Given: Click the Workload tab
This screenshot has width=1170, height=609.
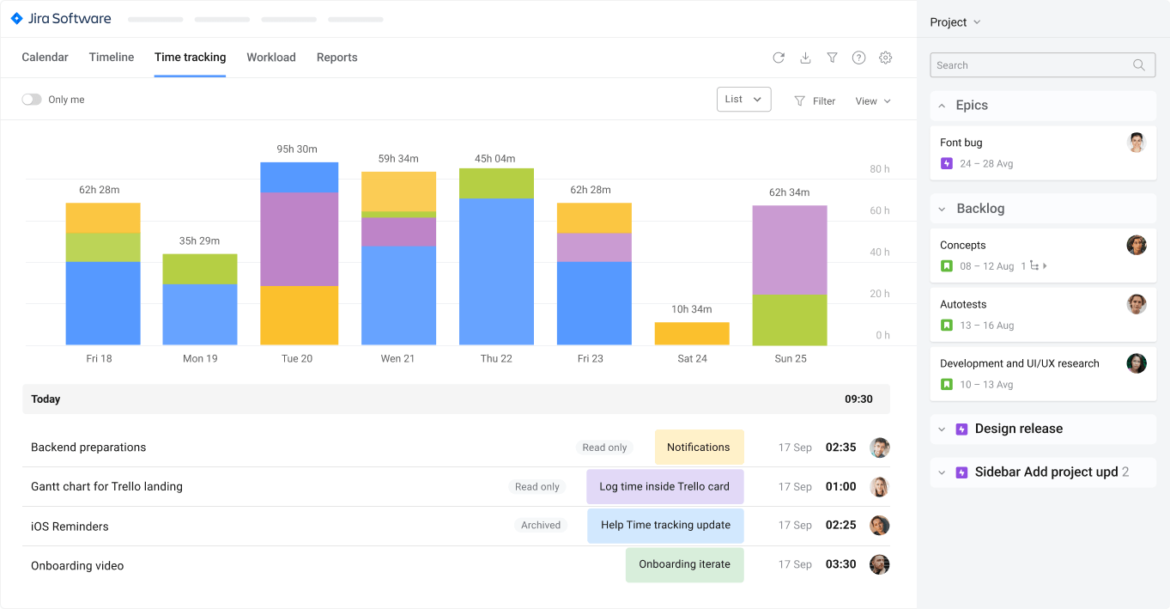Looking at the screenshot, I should point(270,58).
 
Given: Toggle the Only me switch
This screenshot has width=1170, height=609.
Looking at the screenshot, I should point(32,100).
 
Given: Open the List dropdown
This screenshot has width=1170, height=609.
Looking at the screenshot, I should point(743,100).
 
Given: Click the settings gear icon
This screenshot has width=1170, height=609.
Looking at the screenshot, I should point(885,58).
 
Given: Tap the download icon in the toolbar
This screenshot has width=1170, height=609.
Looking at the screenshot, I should point(805,58).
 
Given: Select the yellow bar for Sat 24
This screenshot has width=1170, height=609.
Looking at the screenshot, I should point(692,333).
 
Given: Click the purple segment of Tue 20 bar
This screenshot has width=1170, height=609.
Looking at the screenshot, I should point(299,239).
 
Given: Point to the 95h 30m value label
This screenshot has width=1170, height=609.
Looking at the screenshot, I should point(297,149).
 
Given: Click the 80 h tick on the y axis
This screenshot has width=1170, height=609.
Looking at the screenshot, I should point(879,169).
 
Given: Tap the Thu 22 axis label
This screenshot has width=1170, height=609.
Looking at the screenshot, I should point(496,358).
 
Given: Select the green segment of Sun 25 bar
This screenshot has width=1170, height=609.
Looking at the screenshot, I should point(790,320).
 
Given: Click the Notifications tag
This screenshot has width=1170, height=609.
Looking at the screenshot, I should point(699,448).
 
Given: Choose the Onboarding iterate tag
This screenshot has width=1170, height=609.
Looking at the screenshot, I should point(684,564).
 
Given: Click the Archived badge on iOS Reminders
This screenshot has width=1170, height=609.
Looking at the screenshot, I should point(541,526).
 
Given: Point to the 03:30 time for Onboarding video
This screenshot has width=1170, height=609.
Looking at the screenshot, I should point(840,564).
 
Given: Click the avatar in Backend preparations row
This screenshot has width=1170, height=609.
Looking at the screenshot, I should point(879,448).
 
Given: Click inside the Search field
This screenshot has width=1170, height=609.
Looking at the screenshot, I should point(1030,65).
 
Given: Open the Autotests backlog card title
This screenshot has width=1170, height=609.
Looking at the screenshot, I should point(963,304).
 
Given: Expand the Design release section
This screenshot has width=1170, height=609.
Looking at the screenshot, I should point(942,429).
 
